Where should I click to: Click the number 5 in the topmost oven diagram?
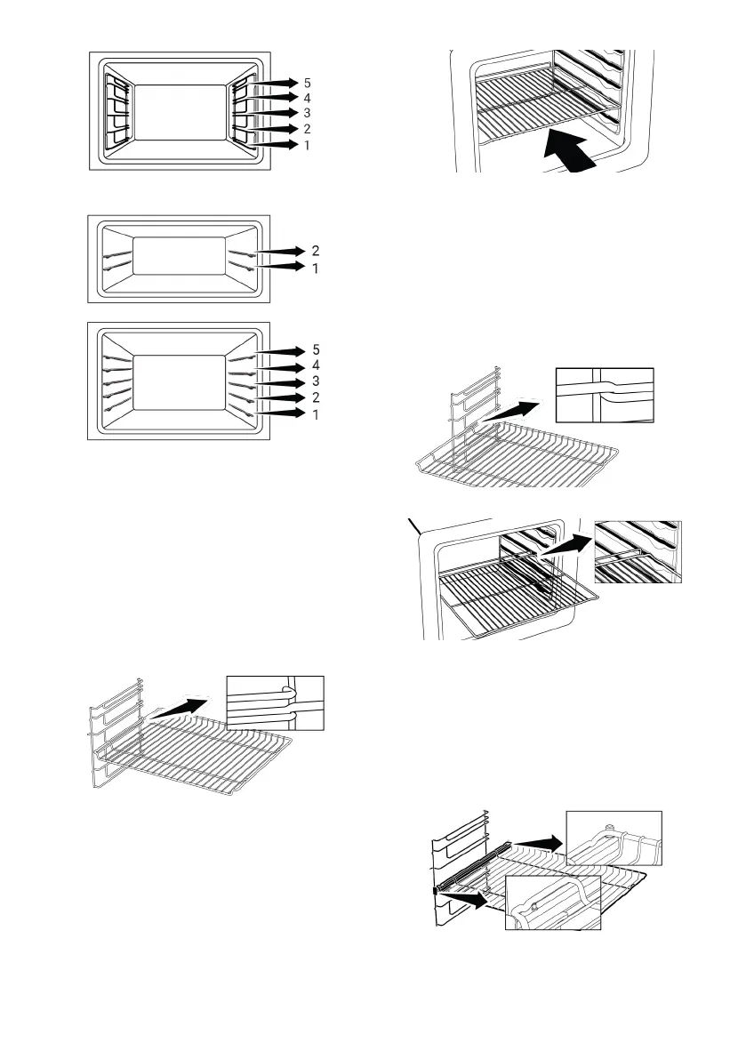point(308,82)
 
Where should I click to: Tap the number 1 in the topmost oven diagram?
point(308,144)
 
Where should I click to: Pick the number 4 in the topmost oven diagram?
point(308,97)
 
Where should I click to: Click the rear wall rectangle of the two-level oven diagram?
point(178,261)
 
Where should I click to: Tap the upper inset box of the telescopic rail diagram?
point(614,837)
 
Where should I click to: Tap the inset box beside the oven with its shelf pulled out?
point(637,551)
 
